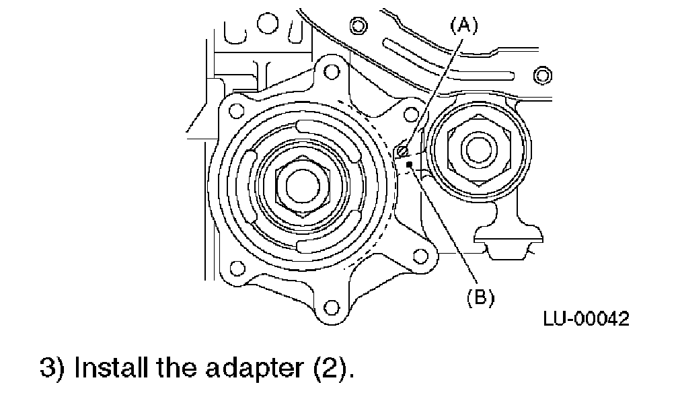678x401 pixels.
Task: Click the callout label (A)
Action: [463, 26]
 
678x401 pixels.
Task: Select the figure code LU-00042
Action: [586, 320]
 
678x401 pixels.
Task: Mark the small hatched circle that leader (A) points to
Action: [402, 149]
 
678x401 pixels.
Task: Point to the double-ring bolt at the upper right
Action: [541, 73]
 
